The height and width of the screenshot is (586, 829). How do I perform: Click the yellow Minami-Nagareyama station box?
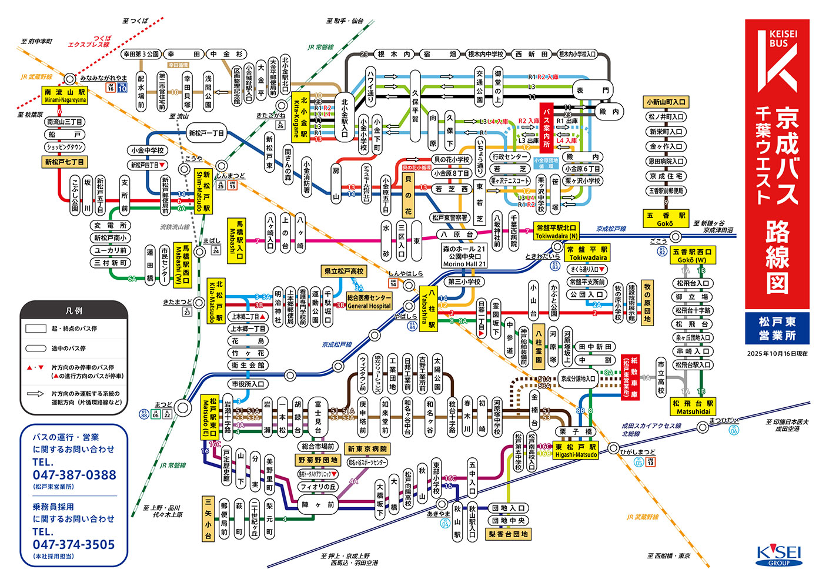[65, 95]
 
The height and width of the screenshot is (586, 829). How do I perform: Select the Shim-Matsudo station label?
[203, 192]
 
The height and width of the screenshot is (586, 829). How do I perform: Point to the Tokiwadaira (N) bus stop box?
[556, 232]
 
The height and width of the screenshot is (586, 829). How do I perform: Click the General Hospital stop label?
[369, 302]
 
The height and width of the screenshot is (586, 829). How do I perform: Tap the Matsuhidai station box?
[693, 407]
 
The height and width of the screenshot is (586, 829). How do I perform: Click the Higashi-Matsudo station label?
[576, 451]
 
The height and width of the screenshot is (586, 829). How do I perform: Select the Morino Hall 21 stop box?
[464, 256]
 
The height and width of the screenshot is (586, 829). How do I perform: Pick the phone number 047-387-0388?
[74, 475]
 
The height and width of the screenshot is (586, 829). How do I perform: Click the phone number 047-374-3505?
[74, 545]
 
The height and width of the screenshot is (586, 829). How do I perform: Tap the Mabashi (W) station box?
[182, 265]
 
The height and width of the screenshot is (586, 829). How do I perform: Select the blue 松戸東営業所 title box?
[777, 328]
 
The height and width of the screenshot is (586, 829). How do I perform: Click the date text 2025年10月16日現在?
[777, 354]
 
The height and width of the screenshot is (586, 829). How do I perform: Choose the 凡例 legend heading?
[74, 311]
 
